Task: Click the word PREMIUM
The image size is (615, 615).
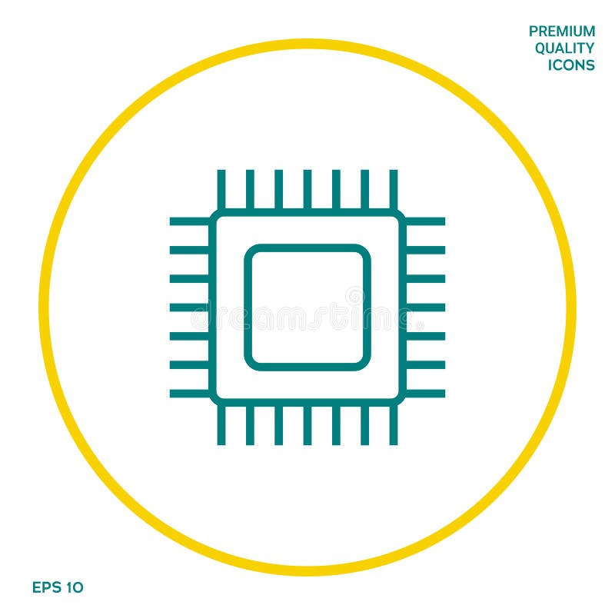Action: click(x=561, y=32)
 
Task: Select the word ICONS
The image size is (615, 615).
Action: click(x=571, y=65)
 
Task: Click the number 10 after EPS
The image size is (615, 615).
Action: click(x=74, y=587)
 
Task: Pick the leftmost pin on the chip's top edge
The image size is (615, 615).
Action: click(x=221, y=188)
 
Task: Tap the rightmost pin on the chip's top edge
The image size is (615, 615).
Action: click(x=394, y=188)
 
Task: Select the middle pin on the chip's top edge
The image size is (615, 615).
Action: click(x=307, y=188)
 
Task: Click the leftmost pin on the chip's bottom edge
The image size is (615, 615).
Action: click(x=221, y=426)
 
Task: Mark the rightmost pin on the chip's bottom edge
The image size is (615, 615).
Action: click(x=394, y=426)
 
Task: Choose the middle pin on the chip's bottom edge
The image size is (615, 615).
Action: click(x=307, y=426)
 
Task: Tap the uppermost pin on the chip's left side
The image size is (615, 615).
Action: click(x=189, y=221)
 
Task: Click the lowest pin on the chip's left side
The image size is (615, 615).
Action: click(x=189, y=394)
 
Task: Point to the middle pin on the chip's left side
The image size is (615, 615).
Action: click(x=189, y=307)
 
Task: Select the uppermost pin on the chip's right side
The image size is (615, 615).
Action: click(x=426, y=221)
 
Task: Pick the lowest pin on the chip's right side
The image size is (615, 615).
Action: click(x=426, y=394)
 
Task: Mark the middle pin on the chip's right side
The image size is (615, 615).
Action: click(x=426, y=307)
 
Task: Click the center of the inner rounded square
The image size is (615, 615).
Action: click(x=307, y=307)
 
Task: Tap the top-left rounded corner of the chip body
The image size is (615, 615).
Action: click(x=216, y=216)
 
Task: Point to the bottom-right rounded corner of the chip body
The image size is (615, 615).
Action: click(x=399, y=399)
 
